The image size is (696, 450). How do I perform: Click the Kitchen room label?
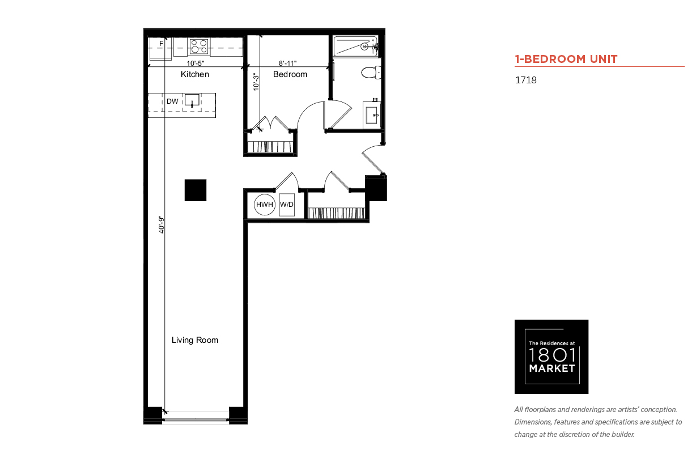195,74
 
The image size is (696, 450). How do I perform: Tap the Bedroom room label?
290,74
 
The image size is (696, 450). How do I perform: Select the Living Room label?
195,340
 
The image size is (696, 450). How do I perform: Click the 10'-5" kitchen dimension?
195,63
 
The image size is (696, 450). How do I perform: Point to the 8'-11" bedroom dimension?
287,63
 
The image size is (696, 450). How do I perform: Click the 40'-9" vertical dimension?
162,224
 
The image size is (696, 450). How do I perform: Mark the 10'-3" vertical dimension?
256,82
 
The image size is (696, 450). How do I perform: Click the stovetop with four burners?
199,46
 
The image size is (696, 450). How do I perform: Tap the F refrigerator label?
162,44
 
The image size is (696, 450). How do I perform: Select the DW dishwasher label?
172,101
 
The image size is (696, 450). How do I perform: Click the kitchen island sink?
192,100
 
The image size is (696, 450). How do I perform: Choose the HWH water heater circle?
265,205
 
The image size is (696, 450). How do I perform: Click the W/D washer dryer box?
287,205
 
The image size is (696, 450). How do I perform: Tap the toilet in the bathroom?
371,73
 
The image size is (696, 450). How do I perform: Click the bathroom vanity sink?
372,115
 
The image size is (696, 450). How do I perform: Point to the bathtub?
356,46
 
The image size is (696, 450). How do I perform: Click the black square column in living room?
196,190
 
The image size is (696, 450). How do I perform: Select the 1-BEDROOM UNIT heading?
566,59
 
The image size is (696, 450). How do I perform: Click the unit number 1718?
526,80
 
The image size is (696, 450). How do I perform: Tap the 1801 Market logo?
551,356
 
